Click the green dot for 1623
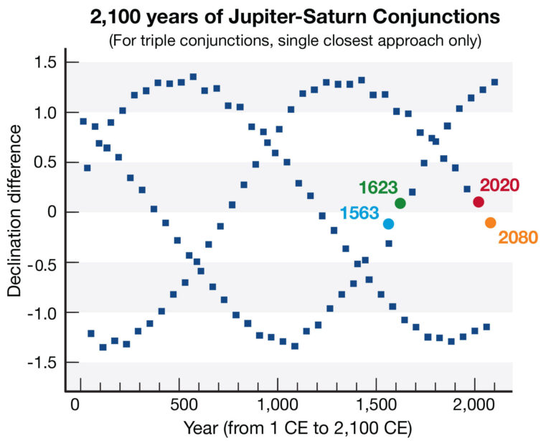pos(400,203)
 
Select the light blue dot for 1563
pos(388,223)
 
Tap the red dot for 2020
pos(479,202)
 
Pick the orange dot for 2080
pos(491,223)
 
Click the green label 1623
pos(378,187)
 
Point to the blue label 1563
pos(359,214)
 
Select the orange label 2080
pos(517,237)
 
